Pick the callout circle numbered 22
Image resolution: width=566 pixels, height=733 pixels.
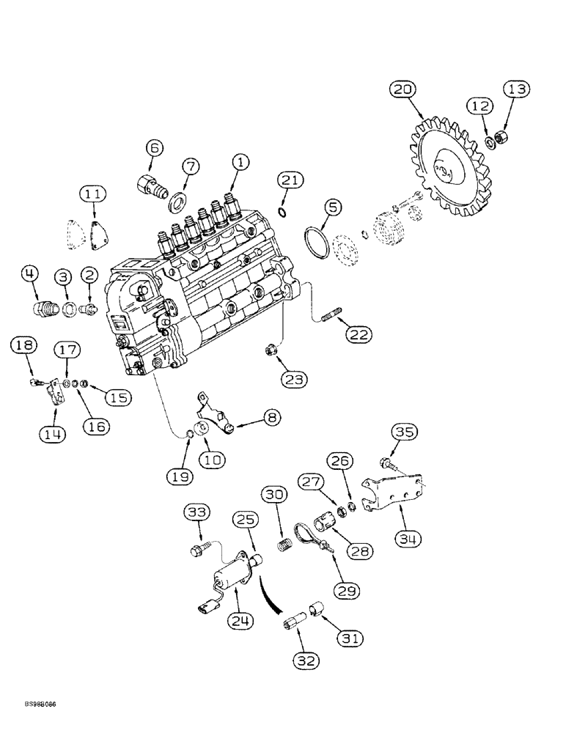pos(359,334)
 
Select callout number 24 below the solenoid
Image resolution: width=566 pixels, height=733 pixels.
pos(242,621)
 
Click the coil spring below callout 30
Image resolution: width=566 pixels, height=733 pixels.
pos(283,545)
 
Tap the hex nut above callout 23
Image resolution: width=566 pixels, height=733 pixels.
pos(271,351)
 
